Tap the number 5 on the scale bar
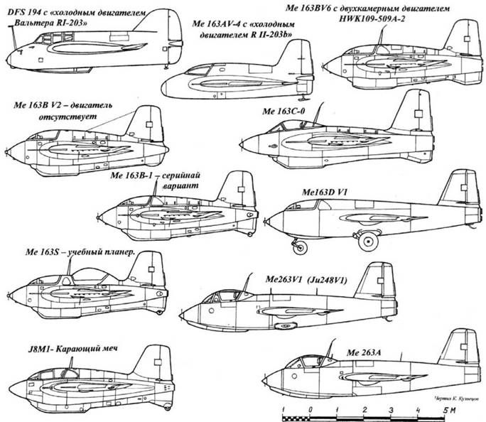(x=445, y=411)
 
